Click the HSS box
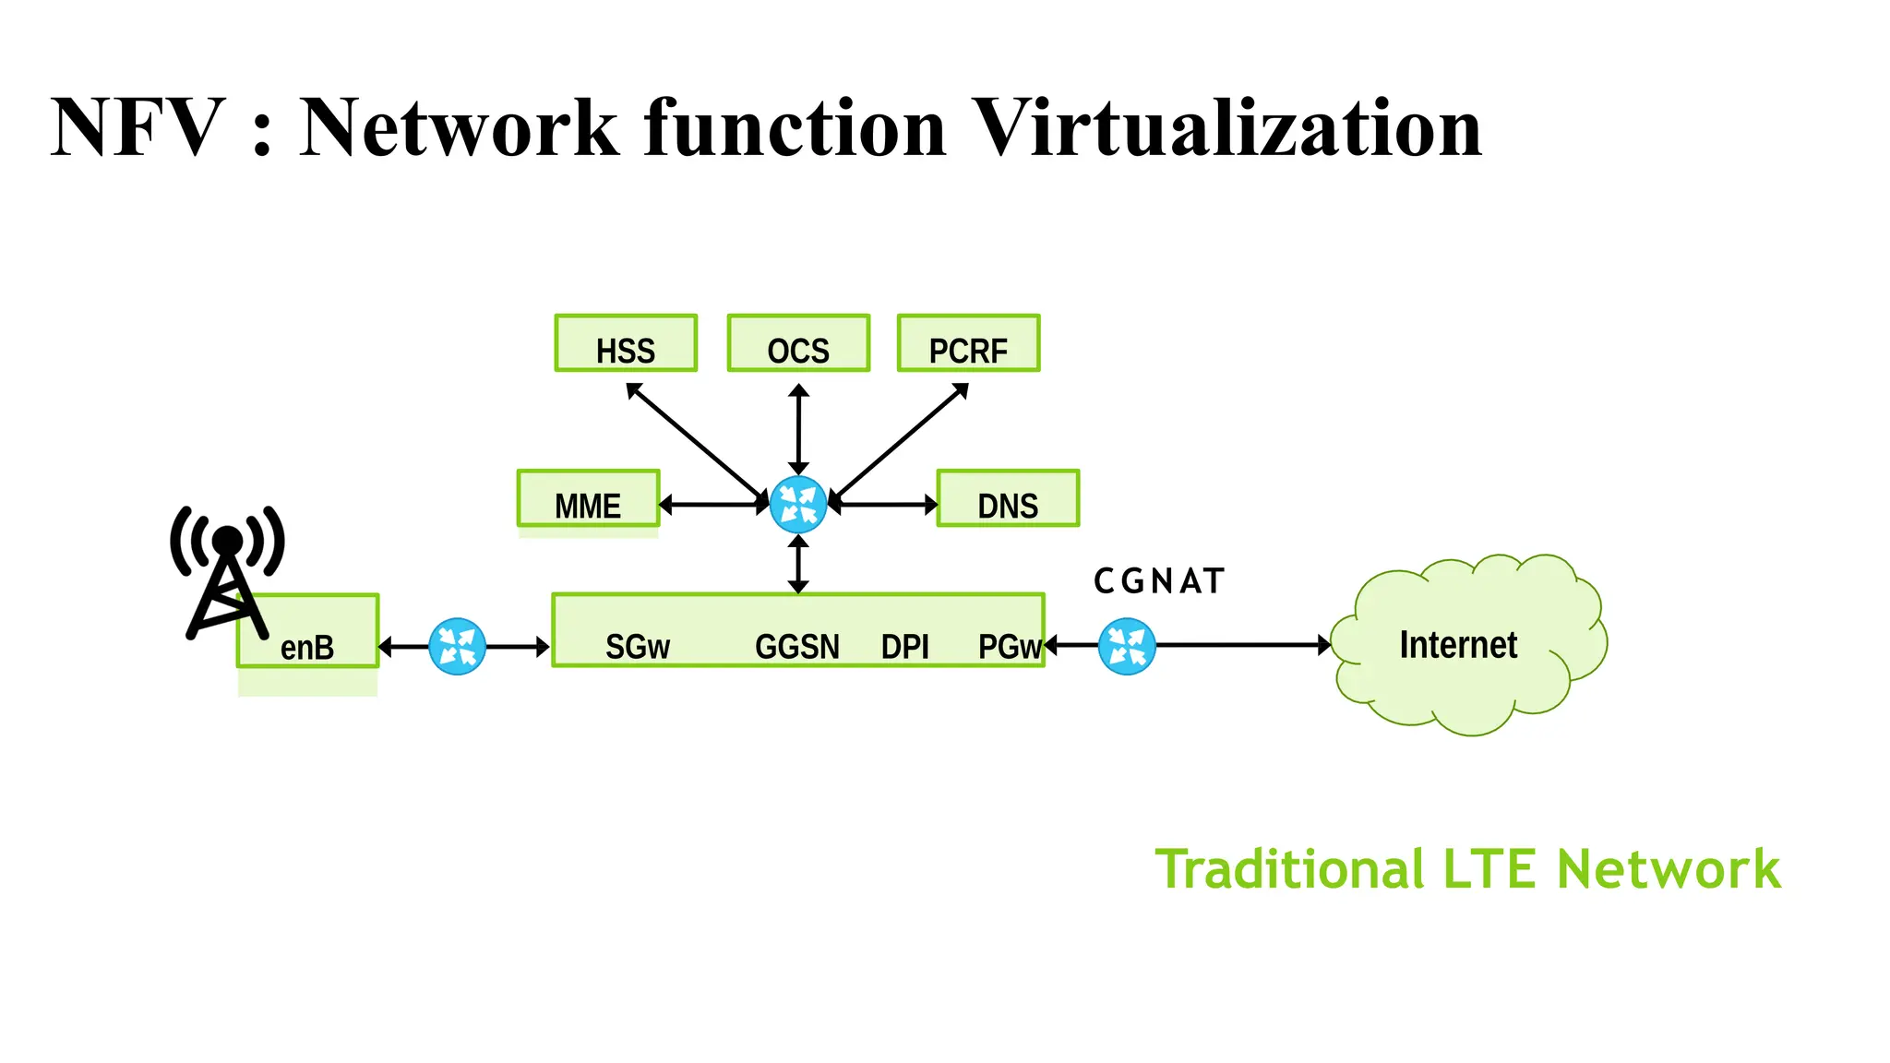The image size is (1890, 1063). [626, 343]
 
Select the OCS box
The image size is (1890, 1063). [798, 343]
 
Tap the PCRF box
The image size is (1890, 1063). [968, 343]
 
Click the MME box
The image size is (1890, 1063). [588, 499]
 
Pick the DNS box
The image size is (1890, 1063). [1008, 499]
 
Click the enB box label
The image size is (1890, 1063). [307, 647]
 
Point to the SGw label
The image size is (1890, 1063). [637, 647]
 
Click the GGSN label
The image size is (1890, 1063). [797, 647]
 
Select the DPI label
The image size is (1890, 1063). [904, 647]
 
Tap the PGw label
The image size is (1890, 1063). [1010, 647]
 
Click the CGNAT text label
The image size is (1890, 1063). [1159, 581]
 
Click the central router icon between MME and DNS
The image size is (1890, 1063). [798, 505]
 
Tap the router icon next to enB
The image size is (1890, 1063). [458, 646]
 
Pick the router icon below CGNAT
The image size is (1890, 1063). [1127, 646]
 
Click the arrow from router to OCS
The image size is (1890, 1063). [799, 430]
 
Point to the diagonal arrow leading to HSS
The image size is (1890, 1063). [694, 439]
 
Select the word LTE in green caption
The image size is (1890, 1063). [1489, 869]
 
